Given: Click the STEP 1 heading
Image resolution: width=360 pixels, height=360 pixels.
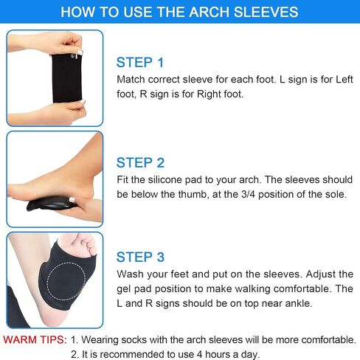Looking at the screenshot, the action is pyautogui.click(x=140, y=62).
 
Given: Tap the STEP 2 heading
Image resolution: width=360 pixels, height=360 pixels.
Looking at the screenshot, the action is pyautogui.click(x=140, y=162).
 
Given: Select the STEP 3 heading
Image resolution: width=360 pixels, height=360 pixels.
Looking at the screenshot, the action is pyautogui.click(x=140, y=257).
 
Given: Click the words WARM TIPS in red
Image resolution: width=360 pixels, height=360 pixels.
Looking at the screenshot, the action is pyautogui.click(x=35, y=339).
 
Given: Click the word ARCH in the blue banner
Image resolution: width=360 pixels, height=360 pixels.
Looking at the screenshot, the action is pyautogui.click(x=210, y=12).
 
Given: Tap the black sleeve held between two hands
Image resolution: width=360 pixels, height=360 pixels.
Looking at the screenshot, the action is pyautogui.click(x=66, y=78).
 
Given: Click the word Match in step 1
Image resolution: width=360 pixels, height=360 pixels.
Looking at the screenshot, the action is pyautogui.click(x=131, y=80).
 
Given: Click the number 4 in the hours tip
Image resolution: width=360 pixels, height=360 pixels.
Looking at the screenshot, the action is pyautogui.click(x=199, y=354).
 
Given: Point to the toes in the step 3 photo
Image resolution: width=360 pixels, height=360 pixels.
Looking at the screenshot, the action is pyautogui.click(x=86, y=244).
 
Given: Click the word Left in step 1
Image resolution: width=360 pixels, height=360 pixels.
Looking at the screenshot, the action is pyautogui.click(x=345, y=80).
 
